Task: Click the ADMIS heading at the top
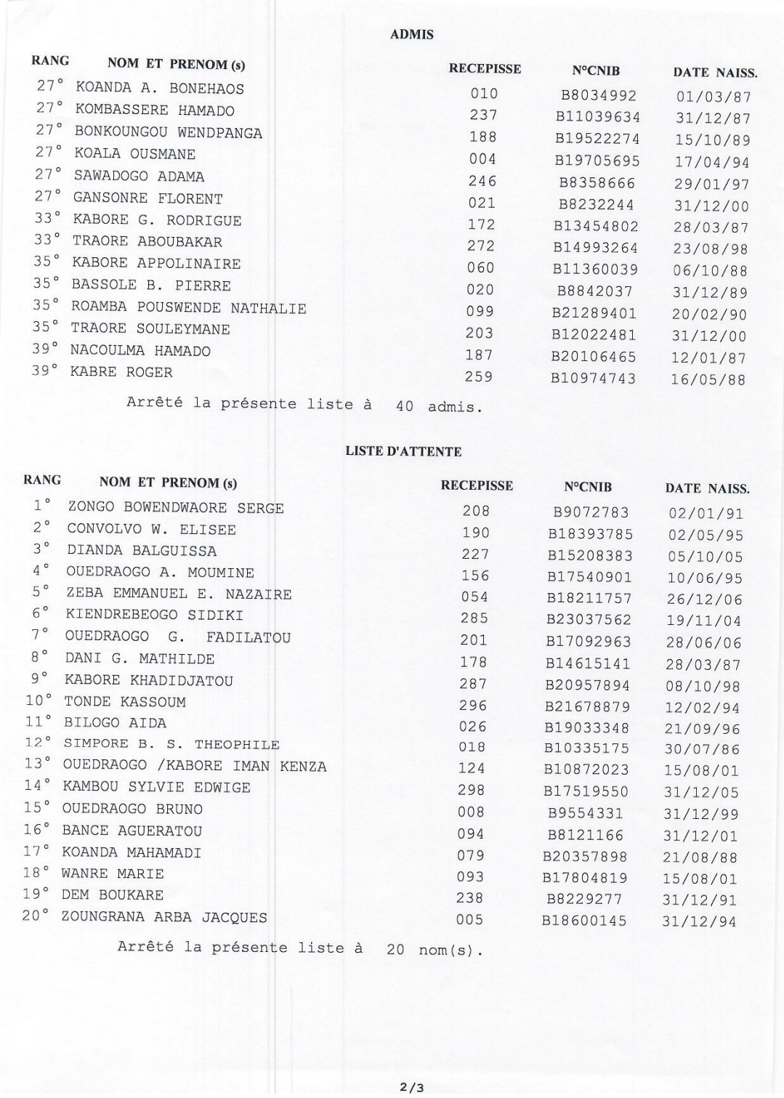click(x=411, y=34)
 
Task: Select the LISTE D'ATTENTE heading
click(x=403, y=451)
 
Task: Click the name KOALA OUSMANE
click(x=134, y=154)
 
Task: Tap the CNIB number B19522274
click(x=597, y=138)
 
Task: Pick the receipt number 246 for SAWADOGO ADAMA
click(x=482, y=181)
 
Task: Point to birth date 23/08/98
click(x=711, y=249)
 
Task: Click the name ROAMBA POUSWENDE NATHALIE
click(x=188, y=307)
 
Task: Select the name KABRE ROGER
click(x=121, y=372)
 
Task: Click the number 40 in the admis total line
click(x=405, y=406)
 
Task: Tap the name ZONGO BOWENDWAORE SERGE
click(x=175, y=507)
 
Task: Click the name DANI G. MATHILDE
click(x=140, y=659)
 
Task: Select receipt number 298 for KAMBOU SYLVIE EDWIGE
click(x=472, y=790)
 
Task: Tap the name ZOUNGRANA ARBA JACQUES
click(x=163, y=917)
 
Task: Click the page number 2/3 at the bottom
click(x=411, y=1087)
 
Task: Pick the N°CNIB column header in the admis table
click(x=596, y=70)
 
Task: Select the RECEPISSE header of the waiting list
click(x=477, y=485)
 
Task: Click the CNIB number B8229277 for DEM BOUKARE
click(x=585, y=899)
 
